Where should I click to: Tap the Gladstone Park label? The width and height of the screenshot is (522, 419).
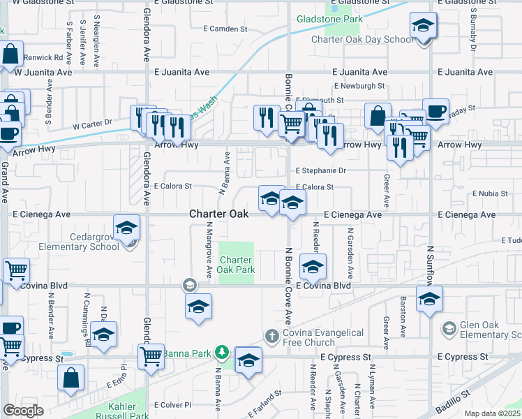(329, 19)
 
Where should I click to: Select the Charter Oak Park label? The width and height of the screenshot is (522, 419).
(236, 265)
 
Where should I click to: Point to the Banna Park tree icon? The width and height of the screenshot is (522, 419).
(222, 351)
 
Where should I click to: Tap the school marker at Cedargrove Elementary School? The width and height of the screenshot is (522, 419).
(126, 228)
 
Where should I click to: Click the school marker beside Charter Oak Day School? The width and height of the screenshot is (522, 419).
(422, 27)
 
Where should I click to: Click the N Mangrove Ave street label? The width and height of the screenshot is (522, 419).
(209, 249)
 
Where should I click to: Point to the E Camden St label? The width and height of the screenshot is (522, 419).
(223, 29)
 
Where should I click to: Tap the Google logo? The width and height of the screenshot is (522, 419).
(23, 411)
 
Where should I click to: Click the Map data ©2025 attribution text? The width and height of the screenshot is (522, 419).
(493, 413)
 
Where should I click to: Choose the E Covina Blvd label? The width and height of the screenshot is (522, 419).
(322, 286)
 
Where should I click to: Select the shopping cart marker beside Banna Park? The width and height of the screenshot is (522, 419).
(151, 356)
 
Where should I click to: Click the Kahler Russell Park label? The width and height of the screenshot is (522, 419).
(128, 411)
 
